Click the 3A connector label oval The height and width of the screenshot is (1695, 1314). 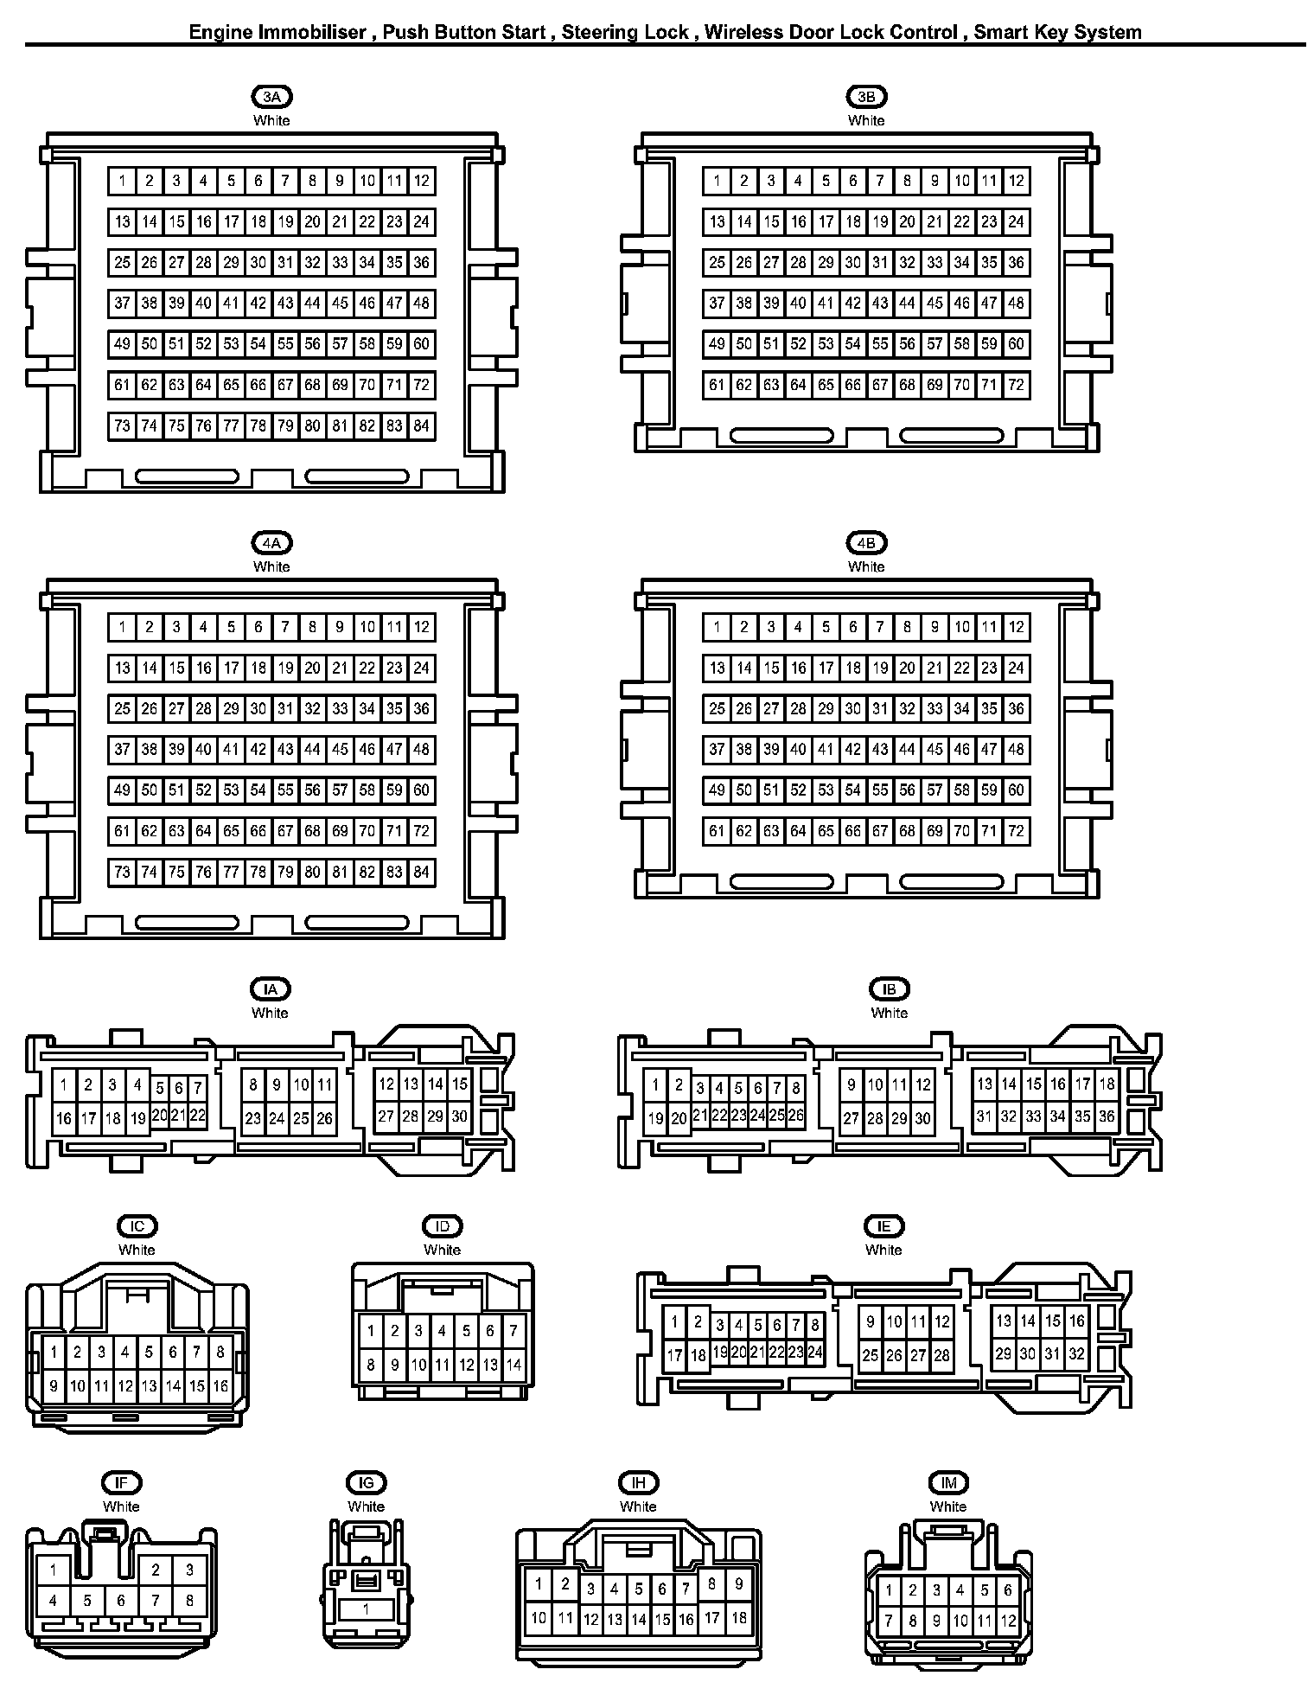[271, 97]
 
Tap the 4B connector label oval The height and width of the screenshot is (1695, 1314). [865, 543]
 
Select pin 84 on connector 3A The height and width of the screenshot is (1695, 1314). [421, 425]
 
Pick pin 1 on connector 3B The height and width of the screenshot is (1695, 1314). [717, 181]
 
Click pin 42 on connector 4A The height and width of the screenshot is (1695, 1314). [258, 749]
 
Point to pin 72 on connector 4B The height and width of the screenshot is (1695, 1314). [1016, 831]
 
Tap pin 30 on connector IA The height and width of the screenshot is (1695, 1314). [459, 1116]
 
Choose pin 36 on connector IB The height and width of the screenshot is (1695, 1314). [1107, 1116]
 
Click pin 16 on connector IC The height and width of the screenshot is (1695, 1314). [220, 1386]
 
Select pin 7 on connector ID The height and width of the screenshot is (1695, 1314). [513, 1331]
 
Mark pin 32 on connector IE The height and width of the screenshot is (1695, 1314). [1076, 1354]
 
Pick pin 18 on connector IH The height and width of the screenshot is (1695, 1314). [738, 1617]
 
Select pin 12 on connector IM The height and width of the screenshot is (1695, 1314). [1008, 1621]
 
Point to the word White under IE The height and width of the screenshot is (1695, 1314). [883, 1250]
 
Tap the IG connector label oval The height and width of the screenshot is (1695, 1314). [366, 1483]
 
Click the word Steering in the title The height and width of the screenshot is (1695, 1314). [599, 33]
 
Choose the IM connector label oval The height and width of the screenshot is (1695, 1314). [948, 1483]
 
